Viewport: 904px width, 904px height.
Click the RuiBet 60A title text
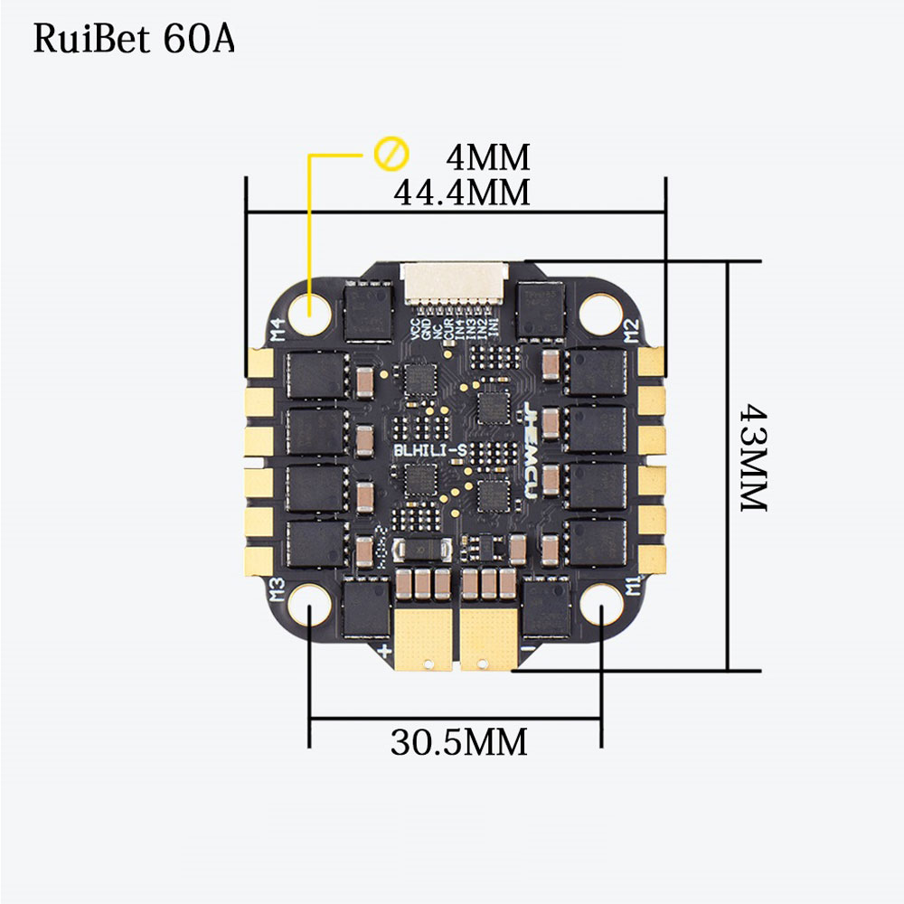[134, 40]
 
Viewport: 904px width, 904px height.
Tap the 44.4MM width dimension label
[461, 192]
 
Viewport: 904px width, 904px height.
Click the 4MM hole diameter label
[487, 157]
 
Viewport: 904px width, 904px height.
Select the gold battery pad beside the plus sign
[422, 637]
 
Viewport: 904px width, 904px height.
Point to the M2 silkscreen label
[632, 332]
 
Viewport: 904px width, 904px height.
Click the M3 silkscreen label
[278, 590]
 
